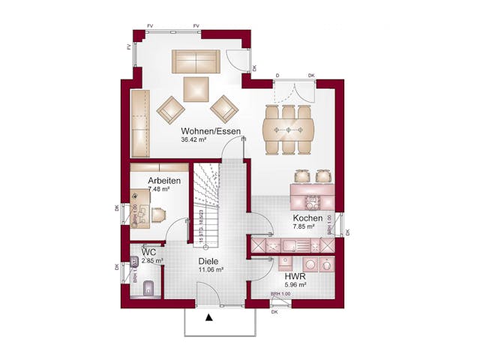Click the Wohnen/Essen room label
211,132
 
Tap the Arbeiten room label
164,181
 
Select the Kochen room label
307,217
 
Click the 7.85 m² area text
303,226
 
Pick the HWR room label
294,276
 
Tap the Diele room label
208,261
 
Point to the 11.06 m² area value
209,269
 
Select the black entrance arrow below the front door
209,317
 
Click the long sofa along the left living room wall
140,120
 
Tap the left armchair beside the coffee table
170,110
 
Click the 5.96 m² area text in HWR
294,285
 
